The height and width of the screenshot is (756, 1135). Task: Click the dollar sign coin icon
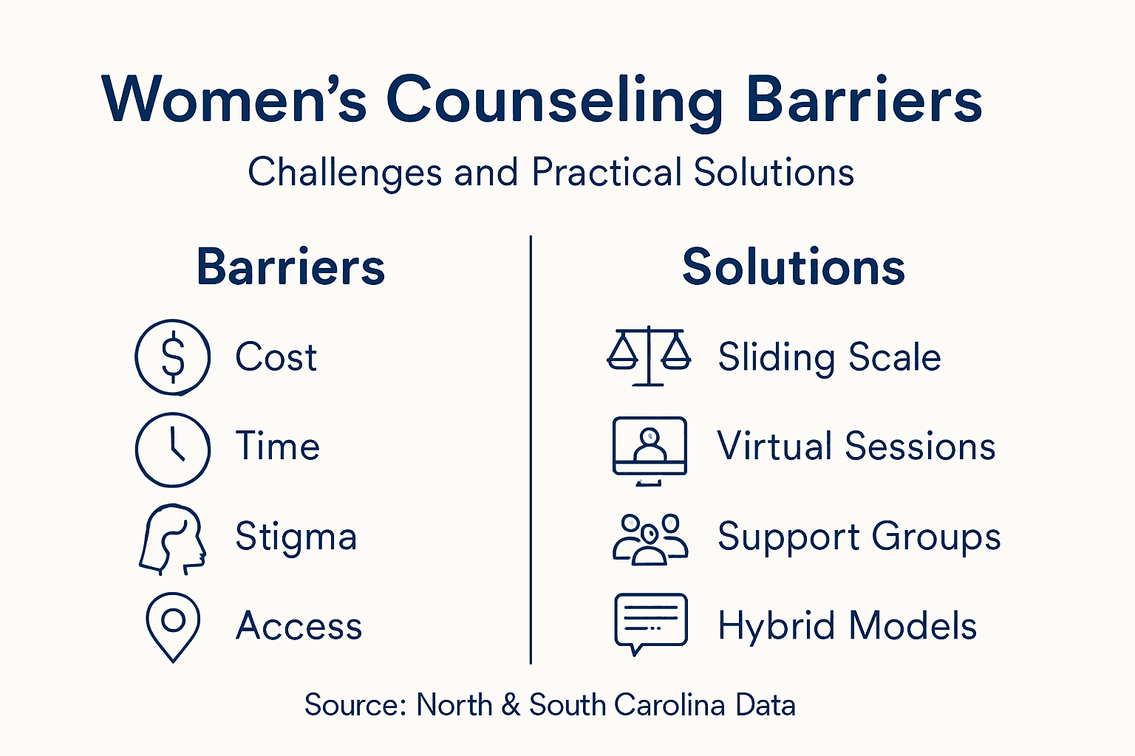pos(173,357)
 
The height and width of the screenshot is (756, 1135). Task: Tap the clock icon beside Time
pos(173,450)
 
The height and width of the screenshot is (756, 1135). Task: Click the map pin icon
pos(173,626)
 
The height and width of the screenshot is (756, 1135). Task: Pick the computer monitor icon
pos(650,450)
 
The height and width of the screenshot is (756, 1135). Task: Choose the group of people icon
pos(650,540)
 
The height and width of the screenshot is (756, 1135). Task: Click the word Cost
pos(276,358)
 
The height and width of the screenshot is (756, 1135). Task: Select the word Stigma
pos(296,537)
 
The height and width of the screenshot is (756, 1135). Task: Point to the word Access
pos(299,626)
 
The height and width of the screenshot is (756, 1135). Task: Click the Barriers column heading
pos(290,267)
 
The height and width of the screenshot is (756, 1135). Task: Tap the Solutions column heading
pos(794,267)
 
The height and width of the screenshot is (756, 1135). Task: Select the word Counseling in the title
pos(554,101)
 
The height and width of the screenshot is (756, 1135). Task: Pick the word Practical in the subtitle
pos(607,173)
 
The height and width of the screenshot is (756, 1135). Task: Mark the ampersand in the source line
pos(511,705)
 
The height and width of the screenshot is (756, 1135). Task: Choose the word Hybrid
pos(777,627)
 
